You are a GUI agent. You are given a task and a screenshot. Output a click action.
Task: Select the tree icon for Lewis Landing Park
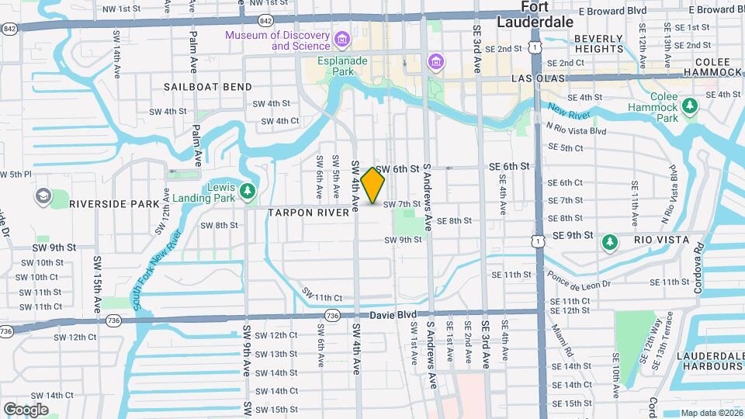(248, 190)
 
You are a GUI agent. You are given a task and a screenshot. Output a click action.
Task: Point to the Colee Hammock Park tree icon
(688, 107)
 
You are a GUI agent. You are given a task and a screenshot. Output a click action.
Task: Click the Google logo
(26, 409)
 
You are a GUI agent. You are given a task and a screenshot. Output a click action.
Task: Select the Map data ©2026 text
(712, 413)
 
